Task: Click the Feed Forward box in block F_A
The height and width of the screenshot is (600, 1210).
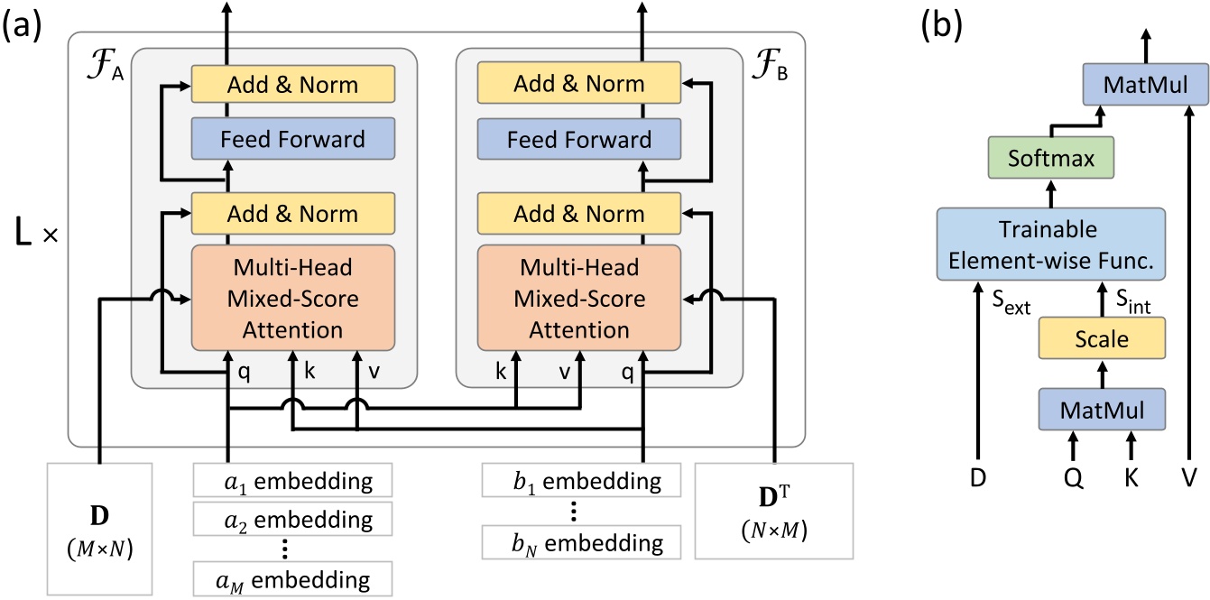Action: pyautogui.click(x=293, y=139)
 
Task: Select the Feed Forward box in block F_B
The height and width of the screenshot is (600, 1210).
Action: pyautogui.click(x=578, y=139)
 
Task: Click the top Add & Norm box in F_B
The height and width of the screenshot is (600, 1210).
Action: pyautogui.click(x=578, y=84)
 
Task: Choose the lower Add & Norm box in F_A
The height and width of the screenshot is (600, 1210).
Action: pyautogui.click(x=293, y=214)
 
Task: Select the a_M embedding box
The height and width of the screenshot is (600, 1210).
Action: pyautogui.click(x=293, y=577)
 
